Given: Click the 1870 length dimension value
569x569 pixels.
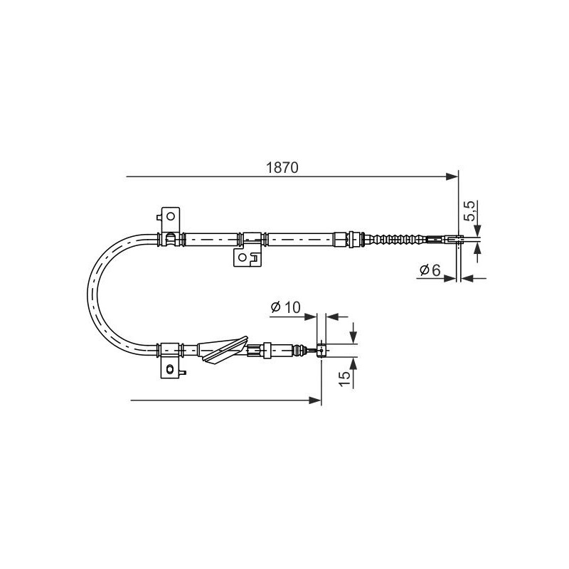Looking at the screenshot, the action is [282, 168].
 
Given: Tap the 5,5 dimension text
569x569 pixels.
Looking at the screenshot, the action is [470, 211].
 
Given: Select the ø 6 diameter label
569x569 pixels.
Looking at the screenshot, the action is [430, 270].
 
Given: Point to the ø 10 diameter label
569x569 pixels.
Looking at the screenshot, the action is [286, 307].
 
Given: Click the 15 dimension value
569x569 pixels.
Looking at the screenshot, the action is [345, 378].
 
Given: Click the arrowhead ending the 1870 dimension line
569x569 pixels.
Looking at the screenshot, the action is [452, 176].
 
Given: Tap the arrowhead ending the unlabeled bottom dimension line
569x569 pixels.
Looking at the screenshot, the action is [315, 400].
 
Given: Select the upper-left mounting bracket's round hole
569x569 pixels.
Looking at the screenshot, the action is [170, 217].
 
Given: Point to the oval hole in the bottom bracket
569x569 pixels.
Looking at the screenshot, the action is [170, 369].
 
